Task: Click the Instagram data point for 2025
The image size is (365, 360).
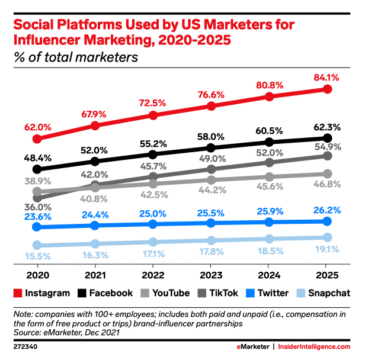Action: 327,89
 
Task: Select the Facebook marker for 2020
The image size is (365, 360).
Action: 37,169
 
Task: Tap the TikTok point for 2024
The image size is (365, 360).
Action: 269,162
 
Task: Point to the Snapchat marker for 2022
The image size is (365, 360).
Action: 153,242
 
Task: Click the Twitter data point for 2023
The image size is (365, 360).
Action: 211,223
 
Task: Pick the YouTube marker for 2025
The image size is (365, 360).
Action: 327,173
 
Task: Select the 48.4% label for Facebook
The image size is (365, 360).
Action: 37,157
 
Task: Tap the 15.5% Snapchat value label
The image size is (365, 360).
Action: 37,257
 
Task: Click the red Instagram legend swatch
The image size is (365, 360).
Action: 18,293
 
